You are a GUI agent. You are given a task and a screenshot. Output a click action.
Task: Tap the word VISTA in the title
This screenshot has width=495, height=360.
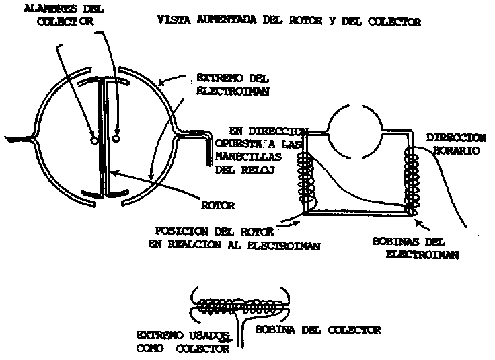(x=169, y=22)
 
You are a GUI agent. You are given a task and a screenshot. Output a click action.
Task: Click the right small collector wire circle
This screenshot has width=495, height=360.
(x=116, y=139)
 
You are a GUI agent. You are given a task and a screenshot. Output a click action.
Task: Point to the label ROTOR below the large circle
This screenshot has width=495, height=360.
(x=216, y=204)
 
